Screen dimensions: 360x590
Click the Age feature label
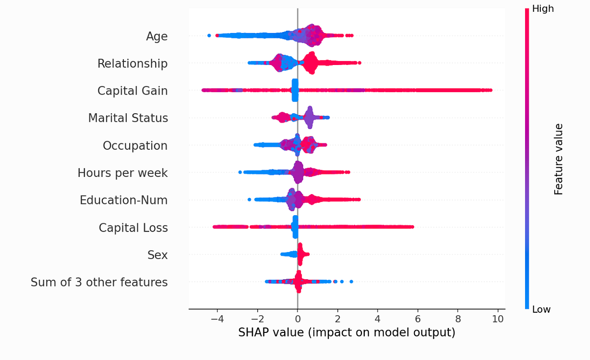[157, 36]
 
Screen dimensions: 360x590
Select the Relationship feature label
[132, 64]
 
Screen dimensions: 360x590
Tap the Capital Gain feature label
[132, 91]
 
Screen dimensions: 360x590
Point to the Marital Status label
[128, 118]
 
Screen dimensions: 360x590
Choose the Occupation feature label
[135, 146]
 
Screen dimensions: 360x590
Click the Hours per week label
[122, 173]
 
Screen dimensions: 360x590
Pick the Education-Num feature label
[123, 200]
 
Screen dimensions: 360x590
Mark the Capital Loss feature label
[133, 228]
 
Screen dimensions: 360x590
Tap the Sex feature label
[157, 255]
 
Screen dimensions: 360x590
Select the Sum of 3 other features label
[99, 282]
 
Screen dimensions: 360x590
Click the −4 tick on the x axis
[217, 318]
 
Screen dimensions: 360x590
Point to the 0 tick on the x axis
[297, 318]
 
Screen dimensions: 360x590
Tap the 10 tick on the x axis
[498, 318]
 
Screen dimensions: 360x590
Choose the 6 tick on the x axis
[417, 318]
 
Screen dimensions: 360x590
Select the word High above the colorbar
[543, 9]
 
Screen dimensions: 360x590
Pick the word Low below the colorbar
[541, 309]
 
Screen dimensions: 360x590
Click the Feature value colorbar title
[559, 159]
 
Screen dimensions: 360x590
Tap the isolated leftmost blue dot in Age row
[209, 35]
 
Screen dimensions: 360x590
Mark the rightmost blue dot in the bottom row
[351, 281]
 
